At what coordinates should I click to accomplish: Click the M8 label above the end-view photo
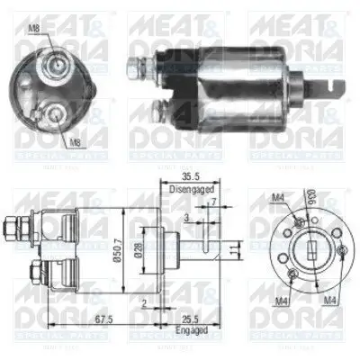click(x=33, y=28)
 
